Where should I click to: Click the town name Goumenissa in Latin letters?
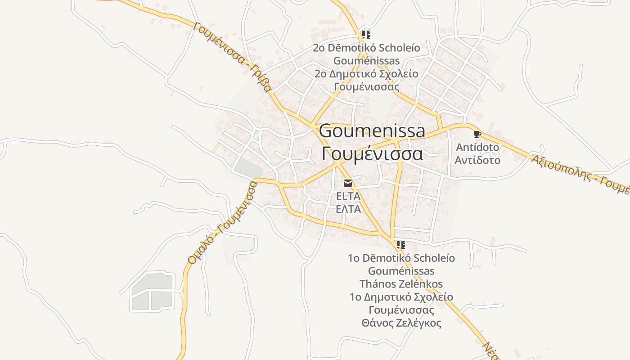[x=372, y=131]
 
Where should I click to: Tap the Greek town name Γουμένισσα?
[x=372, y=153]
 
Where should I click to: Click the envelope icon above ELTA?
[x=348, y=183]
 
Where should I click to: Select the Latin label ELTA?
[x=348, y=196]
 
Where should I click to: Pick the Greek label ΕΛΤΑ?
[x=348, y=209]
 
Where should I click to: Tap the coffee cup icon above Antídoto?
[x=477, y=134]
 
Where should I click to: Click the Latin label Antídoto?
[x=477, y=147]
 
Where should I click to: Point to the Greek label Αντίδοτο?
[x=477, y=160]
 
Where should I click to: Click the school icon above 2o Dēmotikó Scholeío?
[x=366, y=35]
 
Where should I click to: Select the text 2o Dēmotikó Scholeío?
[x=366, y=48]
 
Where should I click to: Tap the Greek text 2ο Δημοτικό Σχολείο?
[x=366, y=74]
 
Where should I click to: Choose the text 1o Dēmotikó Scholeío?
[x=401, y=258]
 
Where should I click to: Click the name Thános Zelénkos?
[x=401, y=284]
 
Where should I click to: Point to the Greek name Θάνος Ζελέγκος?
[x=401, y=323]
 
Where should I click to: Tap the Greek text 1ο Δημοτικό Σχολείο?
[x=401, y=297]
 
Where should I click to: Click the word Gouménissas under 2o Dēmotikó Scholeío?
[x=366, y=60]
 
